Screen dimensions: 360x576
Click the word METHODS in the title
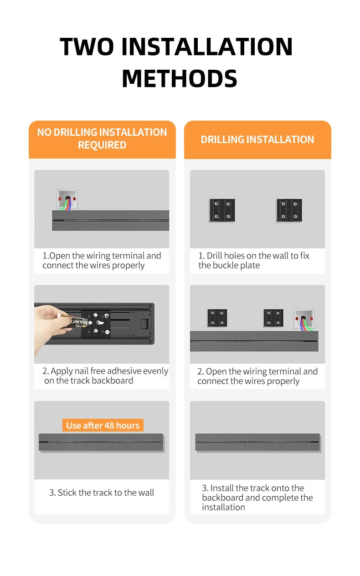180,78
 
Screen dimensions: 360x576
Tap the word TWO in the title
87,46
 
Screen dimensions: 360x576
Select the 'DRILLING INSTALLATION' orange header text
257,139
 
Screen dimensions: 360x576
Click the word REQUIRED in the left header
102,145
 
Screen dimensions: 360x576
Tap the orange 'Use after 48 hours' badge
103,425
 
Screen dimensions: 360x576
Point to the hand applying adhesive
49,327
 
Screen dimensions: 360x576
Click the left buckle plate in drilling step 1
222,211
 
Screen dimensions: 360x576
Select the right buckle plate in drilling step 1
289,211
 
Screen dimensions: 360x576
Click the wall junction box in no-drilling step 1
67,199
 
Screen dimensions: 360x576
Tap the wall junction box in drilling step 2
304,319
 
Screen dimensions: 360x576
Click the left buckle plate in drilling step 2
217,318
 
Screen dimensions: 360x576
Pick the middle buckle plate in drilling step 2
273,318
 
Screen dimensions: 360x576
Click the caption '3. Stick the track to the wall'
102,493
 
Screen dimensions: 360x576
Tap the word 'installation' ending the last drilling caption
223,507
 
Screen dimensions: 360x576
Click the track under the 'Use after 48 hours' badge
101,442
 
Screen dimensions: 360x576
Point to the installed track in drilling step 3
257,442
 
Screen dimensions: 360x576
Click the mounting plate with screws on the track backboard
96,324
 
